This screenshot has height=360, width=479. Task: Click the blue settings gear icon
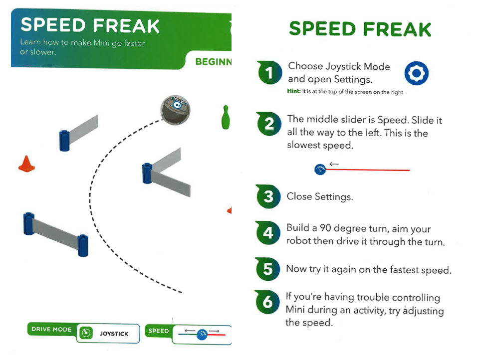coord(416,73)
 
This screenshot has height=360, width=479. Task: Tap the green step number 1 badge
coord(269,73)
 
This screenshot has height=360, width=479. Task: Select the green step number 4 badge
coord(268,233)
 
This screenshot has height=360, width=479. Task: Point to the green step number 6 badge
coord(267,302)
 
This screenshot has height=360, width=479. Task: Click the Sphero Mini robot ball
coord(175,110)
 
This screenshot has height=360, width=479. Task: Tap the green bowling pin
coord(226,117)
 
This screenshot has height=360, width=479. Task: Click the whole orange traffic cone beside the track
coord(26,164)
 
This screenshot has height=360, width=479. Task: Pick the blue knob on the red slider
coord(320,170)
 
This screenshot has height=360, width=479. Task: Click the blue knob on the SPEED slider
coord(202,335)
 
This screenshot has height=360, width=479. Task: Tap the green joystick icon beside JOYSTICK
coord(86,333)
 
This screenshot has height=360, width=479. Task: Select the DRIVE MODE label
coord(51,330)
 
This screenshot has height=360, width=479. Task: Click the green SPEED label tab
coord(158,331)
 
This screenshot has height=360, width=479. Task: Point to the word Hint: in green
coord(294,91)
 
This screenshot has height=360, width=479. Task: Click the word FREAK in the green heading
coord(397,29)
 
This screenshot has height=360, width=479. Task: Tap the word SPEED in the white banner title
coord(53,25)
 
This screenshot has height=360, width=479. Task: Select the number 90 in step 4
coord(326,228)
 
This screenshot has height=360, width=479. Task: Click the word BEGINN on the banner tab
coord(213,62)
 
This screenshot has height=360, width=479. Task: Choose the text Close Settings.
coord(319,196)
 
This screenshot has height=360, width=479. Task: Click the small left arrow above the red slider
coord(334,164)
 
